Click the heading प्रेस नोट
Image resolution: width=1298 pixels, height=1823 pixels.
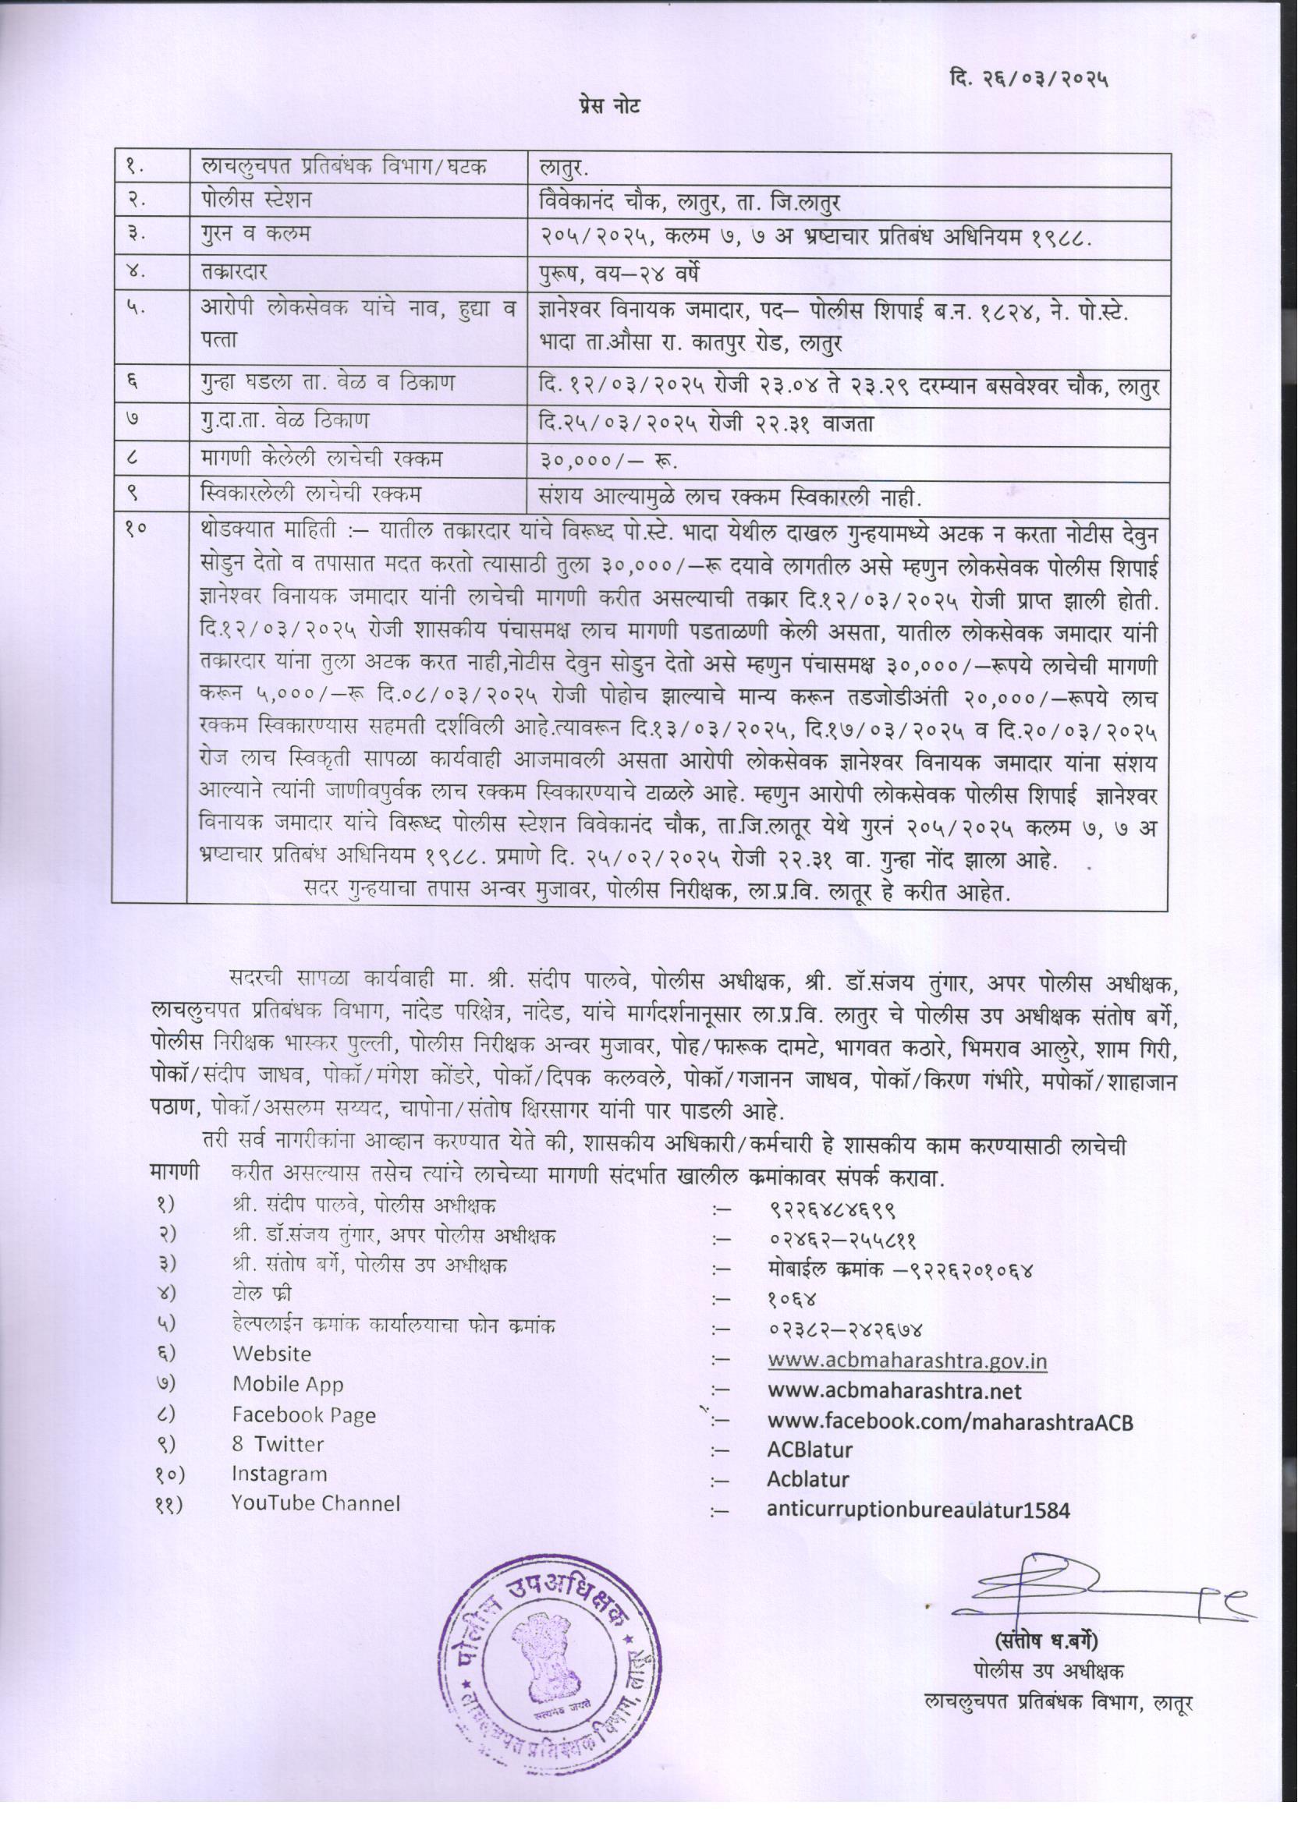(609, 107)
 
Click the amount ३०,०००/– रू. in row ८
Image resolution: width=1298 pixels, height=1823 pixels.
(609, 462)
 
